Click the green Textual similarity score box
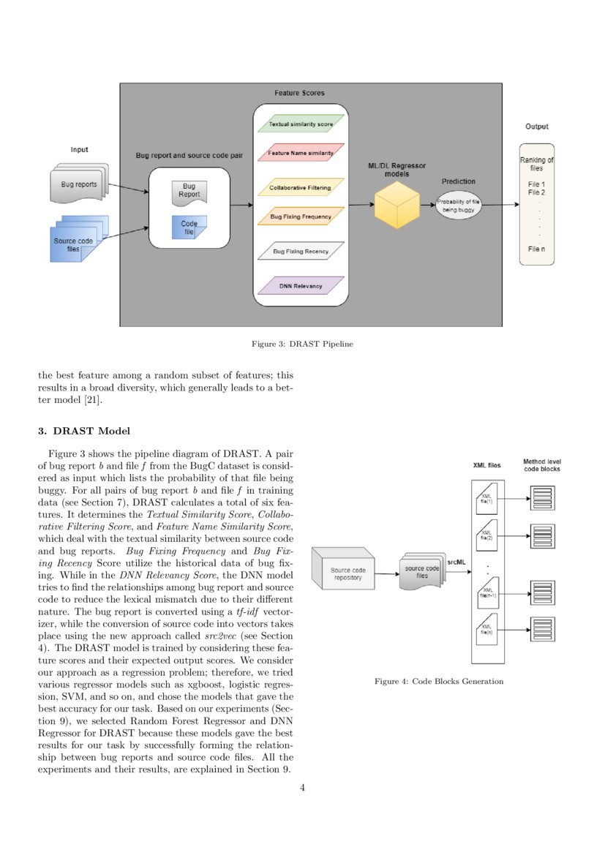301,124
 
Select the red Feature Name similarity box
301,154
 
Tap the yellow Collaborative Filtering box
301,187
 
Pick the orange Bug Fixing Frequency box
301,216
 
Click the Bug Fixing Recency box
301,252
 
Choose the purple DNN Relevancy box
301,286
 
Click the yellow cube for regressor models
397,206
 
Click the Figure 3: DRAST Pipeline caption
302,344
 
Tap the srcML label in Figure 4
456,561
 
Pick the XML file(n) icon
486,628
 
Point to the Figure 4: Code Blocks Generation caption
439,682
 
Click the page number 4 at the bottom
302,788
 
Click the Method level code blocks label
541,465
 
